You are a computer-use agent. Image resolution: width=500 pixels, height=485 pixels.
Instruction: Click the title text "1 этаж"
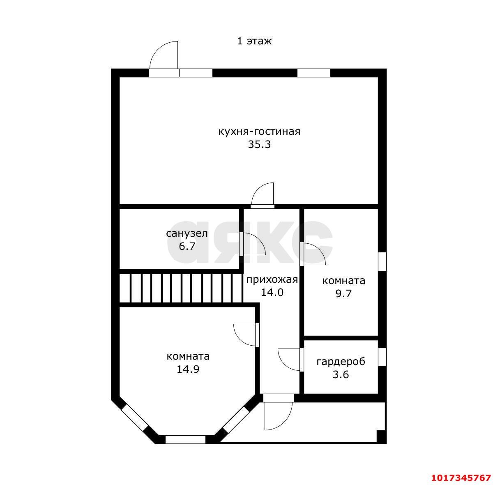[x=254, y=41]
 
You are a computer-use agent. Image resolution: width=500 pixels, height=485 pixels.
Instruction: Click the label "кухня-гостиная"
[x=259, y=132]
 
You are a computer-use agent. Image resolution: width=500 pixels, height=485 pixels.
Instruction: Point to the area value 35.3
[x=259, y=144]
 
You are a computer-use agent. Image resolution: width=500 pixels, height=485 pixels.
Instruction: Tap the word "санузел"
[x=187, y=233]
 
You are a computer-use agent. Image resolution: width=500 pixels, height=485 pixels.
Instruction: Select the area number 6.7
[x=187, y=247]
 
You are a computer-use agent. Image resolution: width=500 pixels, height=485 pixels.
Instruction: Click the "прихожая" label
[x=272, y=280]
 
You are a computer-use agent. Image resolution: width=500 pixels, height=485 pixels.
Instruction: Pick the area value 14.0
[x=272, y=293]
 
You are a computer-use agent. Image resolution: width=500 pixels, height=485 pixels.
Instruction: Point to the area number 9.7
[x=343, y=293]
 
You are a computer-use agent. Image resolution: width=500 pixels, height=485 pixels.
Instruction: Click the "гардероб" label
[x=341, y=362]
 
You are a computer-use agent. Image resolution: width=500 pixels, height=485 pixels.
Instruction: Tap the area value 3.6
[x=341, y=375]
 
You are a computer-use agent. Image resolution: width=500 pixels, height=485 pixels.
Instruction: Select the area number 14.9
[x=188, y=370]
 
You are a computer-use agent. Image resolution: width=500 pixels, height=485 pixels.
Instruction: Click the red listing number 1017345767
[x=461, y=478]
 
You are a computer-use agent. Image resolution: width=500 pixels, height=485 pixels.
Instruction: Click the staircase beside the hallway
[x=181, y=288]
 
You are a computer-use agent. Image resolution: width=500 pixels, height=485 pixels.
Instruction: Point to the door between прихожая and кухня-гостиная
[x=263, y=195]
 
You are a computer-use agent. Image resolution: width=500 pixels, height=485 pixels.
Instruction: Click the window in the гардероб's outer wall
[x=382, y=357]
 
